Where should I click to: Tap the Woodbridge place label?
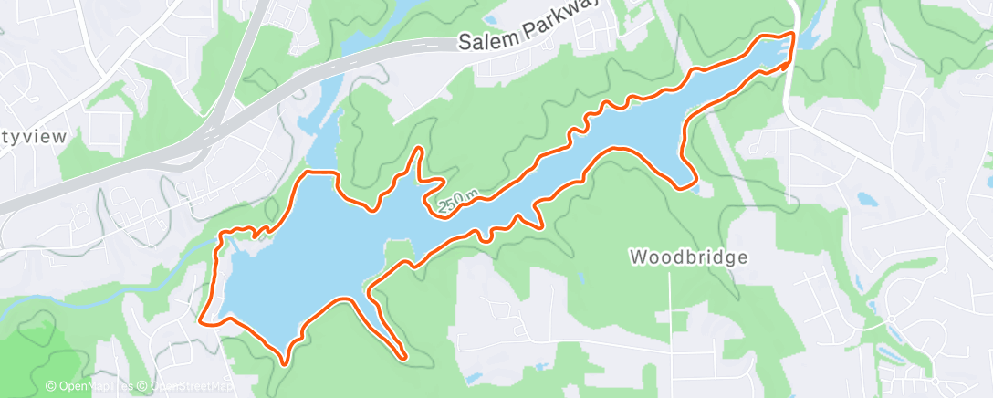[688, 257]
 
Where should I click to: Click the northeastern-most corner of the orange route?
[792, 34]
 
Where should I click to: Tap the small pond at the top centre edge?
[490, 19]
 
